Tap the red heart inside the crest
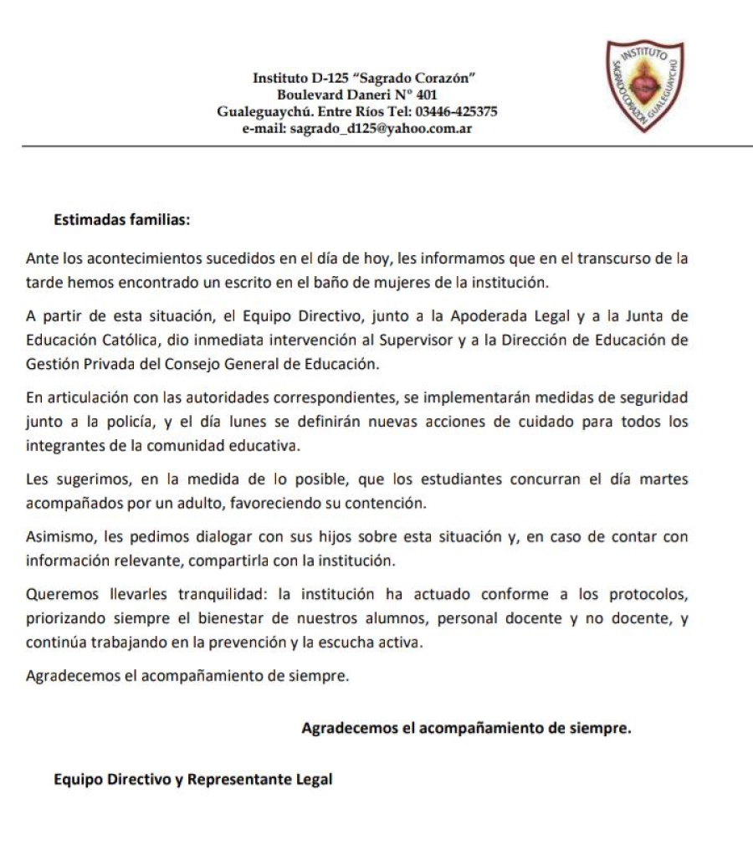click(643, 87)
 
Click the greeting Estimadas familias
click(122, 221)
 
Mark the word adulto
click(252, 503)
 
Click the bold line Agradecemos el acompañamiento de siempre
click(465, 728)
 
